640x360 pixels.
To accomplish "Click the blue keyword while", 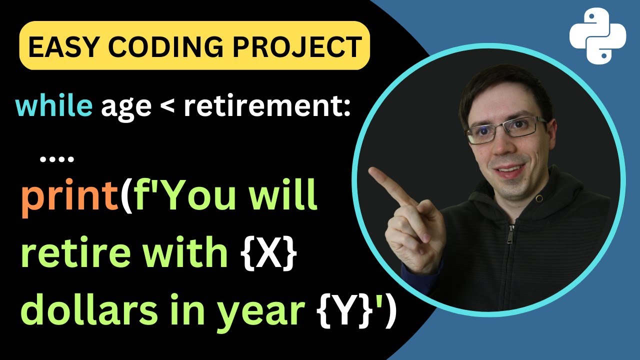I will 54,106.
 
